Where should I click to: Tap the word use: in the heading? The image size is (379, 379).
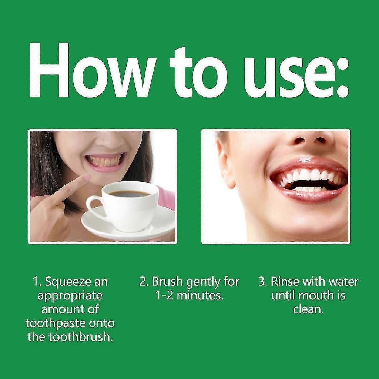coord(296,72)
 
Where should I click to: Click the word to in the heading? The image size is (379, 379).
coord(198,72)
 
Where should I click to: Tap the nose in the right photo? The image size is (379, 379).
coord(309,139)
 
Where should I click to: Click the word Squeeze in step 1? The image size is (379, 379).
coord(69,282)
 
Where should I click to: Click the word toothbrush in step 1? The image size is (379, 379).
coord(79,337)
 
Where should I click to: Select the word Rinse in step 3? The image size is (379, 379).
coord(285,282)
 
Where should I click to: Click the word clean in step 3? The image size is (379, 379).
coord(308,309)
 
